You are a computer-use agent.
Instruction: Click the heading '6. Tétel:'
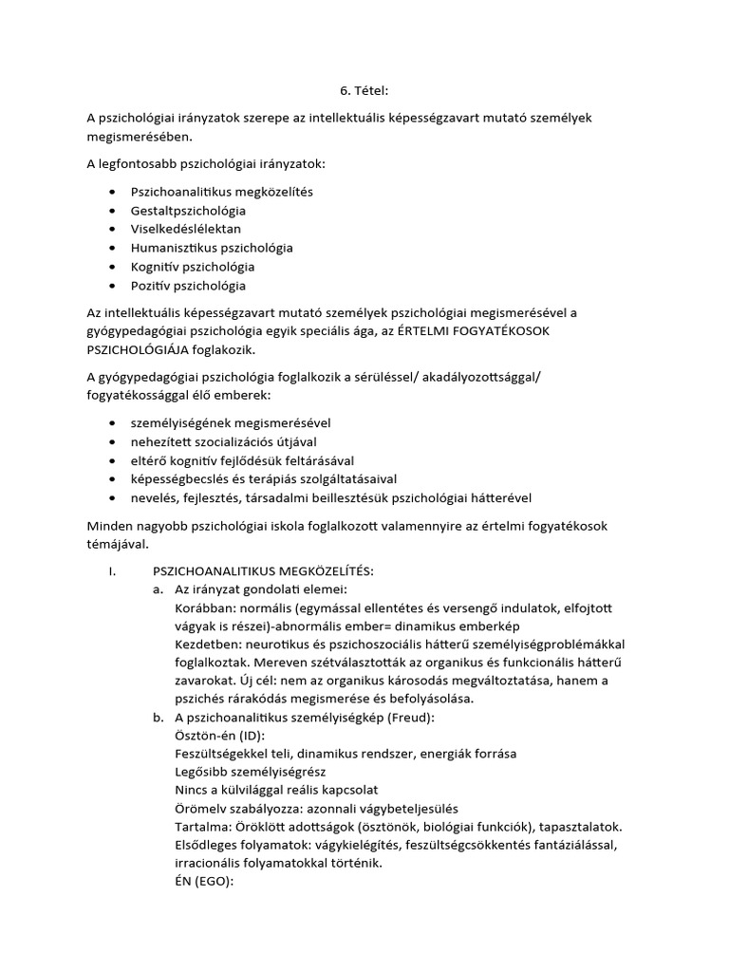tap(364, 91)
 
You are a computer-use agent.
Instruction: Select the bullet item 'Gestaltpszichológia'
tap(188, 211)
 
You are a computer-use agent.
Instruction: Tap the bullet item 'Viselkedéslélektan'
tap(186, 229)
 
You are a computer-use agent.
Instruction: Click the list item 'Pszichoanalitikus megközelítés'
tap(221, 192)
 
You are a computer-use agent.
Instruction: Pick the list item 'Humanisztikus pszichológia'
tap(212, 248)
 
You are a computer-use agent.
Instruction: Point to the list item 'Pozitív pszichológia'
tap(188, 286)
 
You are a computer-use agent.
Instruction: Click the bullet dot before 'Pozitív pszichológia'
tap(114, 286)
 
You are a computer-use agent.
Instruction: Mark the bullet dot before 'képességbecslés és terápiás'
tap(114, 478)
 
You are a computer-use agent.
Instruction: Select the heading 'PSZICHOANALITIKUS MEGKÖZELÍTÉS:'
tap(263, 570)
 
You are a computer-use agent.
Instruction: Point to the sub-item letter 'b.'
tap(158, 718)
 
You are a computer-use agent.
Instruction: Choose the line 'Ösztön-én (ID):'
tap(220, 736)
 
